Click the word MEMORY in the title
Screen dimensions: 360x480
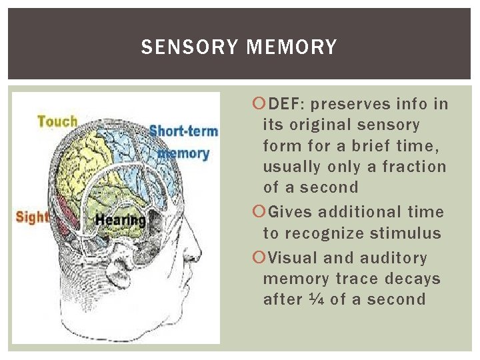pyautogui.click(x=291, y=47)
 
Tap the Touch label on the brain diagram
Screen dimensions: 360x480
pyautogui.click(x=57, y=121)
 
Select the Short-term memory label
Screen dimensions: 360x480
pyautogui.click(x=183, y=141)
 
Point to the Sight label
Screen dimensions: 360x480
pyautogui.click(x=33, y=217)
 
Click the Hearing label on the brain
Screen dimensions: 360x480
pyautogui.click(x=121, y=219)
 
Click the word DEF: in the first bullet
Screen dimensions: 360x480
pyautogui.click(x=287, y=104)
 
